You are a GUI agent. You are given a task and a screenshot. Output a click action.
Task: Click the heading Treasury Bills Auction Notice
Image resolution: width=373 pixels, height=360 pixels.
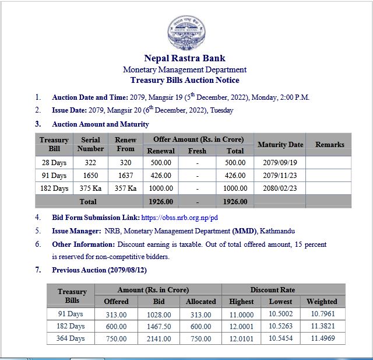185,81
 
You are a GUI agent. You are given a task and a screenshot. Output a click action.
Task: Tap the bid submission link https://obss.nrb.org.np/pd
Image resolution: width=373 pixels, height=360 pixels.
180,217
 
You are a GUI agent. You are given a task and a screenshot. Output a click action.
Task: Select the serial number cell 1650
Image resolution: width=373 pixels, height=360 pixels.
90,176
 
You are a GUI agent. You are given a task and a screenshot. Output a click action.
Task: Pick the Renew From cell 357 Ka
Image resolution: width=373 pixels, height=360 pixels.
125,188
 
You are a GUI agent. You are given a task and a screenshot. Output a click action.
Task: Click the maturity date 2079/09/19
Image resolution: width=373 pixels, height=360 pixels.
280,163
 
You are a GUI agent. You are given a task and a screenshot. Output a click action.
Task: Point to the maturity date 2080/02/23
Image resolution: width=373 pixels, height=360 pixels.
280,188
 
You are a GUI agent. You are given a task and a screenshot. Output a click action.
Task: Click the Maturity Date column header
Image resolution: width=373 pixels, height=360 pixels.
280,145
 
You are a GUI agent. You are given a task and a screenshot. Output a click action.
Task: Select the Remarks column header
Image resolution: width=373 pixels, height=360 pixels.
329,145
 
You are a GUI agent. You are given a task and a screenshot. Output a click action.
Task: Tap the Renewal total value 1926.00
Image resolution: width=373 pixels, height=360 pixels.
161,202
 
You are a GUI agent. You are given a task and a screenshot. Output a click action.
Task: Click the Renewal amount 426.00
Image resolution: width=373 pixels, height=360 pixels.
161,176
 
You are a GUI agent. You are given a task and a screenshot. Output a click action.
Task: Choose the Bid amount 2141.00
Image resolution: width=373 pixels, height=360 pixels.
159,338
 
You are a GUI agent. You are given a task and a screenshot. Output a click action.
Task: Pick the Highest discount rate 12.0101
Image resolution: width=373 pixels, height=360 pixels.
241,338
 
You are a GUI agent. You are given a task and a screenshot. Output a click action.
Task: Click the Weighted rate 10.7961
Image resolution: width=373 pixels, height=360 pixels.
322,314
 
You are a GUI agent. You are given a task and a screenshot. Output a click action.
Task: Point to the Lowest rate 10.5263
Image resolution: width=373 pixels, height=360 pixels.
281,326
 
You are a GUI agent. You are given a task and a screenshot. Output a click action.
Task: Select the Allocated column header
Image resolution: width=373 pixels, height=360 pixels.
200,302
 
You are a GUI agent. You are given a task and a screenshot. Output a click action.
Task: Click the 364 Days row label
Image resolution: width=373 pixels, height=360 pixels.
71,338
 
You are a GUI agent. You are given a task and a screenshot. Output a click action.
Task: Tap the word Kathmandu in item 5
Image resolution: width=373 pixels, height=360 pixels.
279,231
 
